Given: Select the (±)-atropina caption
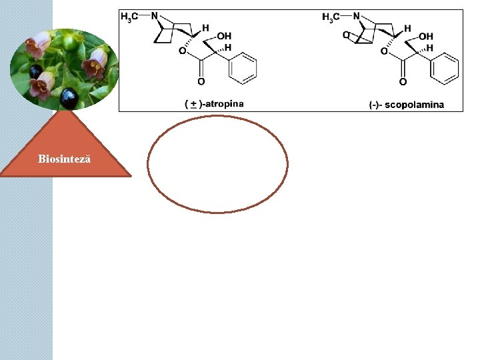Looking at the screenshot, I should tap(215, 104).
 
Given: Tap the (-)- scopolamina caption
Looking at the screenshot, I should tap(406, 105).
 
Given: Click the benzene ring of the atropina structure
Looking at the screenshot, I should tap(243, 69).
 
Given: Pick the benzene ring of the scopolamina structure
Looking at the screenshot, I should tap(445, 69).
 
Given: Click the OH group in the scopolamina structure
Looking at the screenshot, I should tap(426, 36).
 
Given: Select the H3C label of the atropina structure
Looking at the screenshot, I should tap(130, 17).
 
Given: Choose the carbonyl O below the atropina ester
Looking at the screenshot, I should tap(201, 83).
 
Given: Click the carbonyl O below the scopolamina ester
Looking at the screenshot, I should tap(403, 83).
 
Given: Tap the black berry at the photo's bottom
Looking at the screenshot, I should tap(69, 98).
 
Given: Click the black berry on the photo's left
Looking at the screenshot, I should tap(35, 71).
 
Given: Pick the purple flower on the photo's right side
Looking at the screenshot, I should tap(95, 61).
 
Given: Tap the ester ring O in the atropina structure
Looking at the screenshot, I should tap(182, 51).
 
